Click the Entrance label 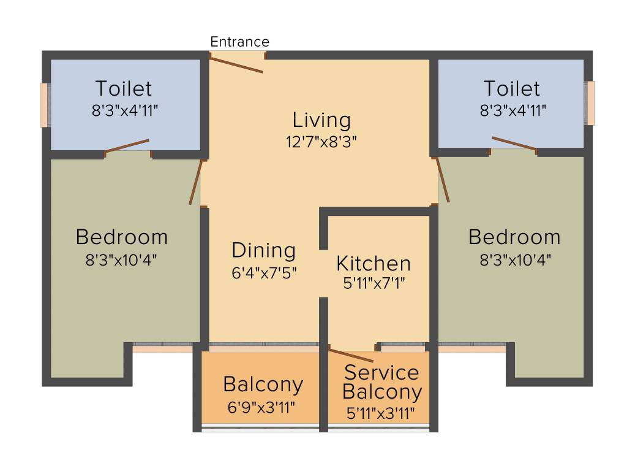[239, 42]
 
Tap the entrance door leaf [236, 65]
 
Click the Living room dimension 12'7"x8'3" [321, 142]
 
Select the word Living [322, 120]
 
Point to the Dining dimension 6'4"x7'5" [264, 273]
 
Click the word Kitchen [374, 264]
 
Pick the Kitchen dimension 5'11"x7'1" [374, 283]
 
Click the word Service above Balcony [381, 372]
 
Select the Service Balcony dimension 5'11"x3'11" [380, 413]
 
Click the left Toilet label [124, 88]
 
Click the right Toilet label [512, 88]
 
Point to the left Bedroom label [122, 237]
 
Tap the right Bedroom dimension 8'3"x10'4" [516, 260]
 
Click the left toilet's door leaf [127, 146]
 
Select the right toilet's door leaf [514, 144]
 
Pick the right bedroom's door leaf [443, 180]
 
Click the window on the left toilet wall [44, 105]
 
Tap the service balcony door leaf [351, 355]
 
